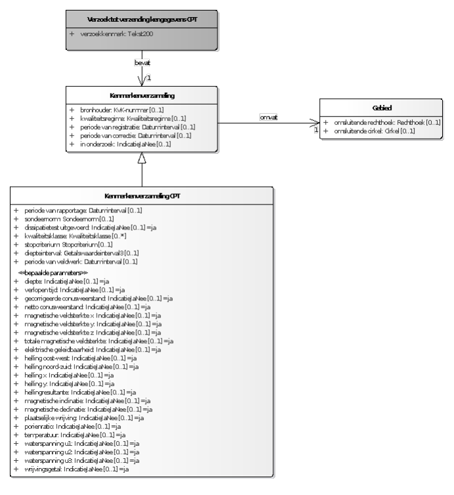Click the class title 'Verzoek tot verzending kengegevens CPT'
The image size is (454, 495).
[143, 18]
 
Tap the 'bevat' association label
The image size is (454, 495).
[143, 64]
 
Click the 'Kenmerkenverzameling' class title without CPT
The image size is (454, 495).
[143, 95]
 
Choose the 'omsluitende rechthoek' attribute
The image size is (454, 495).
[386, 123]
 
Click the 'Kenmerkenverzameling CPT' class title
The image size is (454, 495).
[143, 195]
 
